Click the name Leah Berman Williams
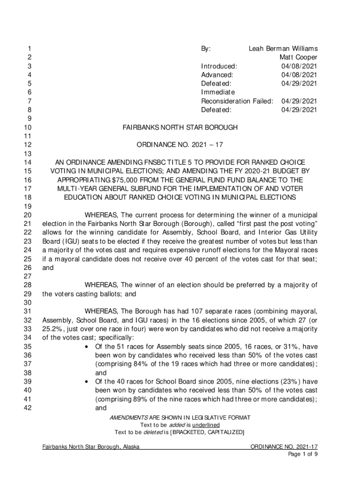[x=283, y=49]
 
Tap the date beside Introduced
[x=299, y=66]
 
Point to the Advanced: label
[x=217, y=75]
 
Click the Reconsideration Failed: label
[x=237, y=101]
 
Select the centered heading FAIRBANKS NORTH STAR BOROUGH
[x=180, y=127]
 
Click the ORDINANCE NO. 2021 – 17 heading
[x=180, y=145]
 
